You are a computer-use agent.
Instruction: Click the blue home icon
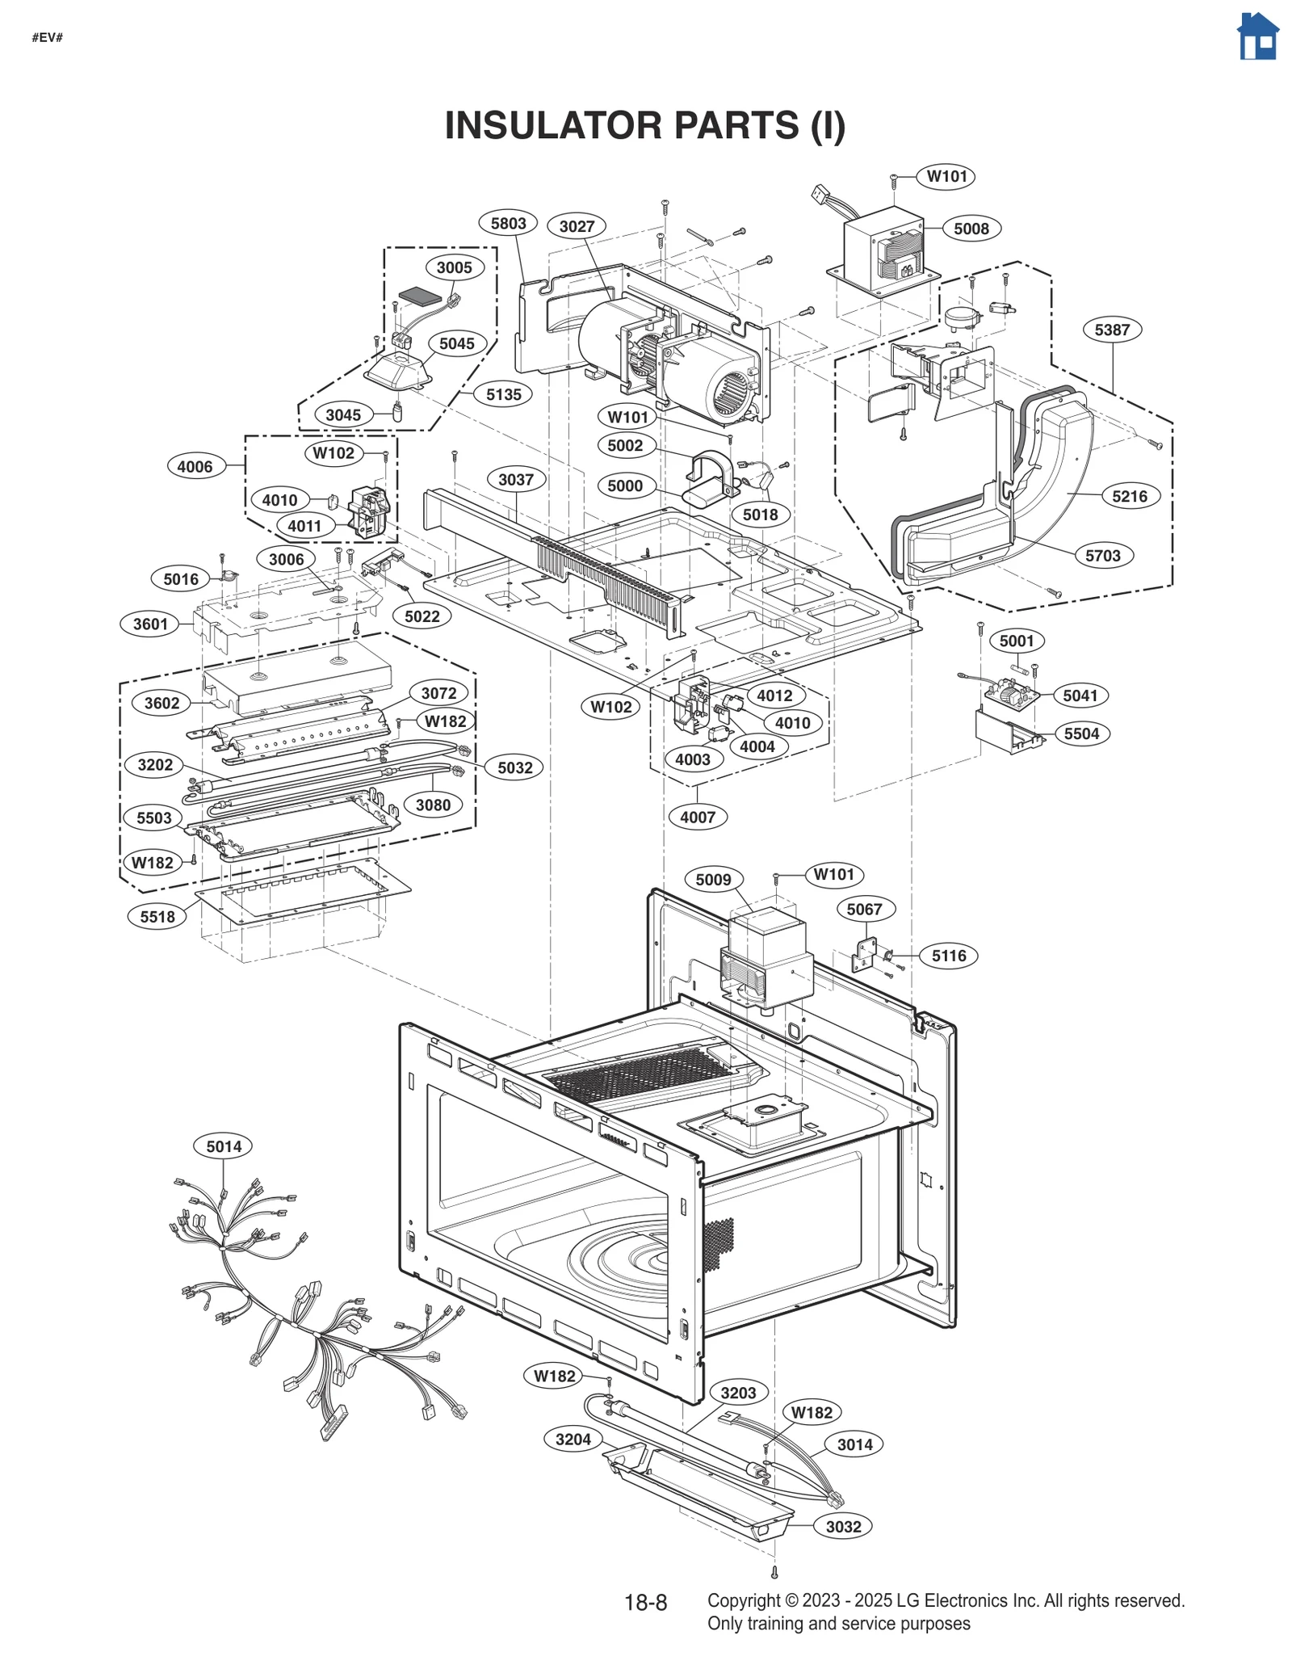pos(1257,36)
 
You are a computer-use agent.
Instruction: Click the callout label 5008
pos(971,229)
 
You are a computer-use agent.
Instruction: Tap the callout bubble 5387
pos(1112,330)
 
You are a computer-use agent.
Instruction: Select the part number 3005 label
pos(454,267)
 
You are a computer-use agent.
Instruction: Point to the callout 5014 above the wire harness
pos(224,1146)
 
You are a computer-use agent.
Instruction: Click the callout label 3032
pos(843,1527)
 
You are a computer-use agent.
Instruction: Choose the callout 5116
pos(949,956)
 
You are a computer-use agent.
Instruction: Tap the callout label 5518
pos(157,916)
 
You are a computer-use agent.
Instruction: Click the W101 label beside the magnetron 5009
pos(833,874)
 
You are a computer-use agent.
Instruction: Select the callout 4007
pos(698,817)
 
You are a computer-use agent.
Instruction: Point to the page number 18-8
pos(645,1603)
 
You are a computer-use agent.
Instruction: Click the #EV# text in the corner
pos(48,38)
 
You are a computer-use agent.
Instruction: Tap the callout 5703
pos(1103,556)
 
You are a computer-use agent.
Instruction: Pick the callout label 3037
pos(515,480)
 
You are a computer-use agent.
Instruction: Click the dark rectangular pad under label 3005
pos(421,296)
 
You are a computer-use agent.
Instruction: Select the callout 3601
pos(150,624)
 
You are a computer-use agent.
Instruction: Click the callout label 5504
pos(1081,734)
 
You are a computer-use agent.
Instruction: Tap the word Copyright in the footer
pos(743,1600)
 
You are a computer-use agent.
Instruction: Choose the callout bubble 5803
pos(508,224)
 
